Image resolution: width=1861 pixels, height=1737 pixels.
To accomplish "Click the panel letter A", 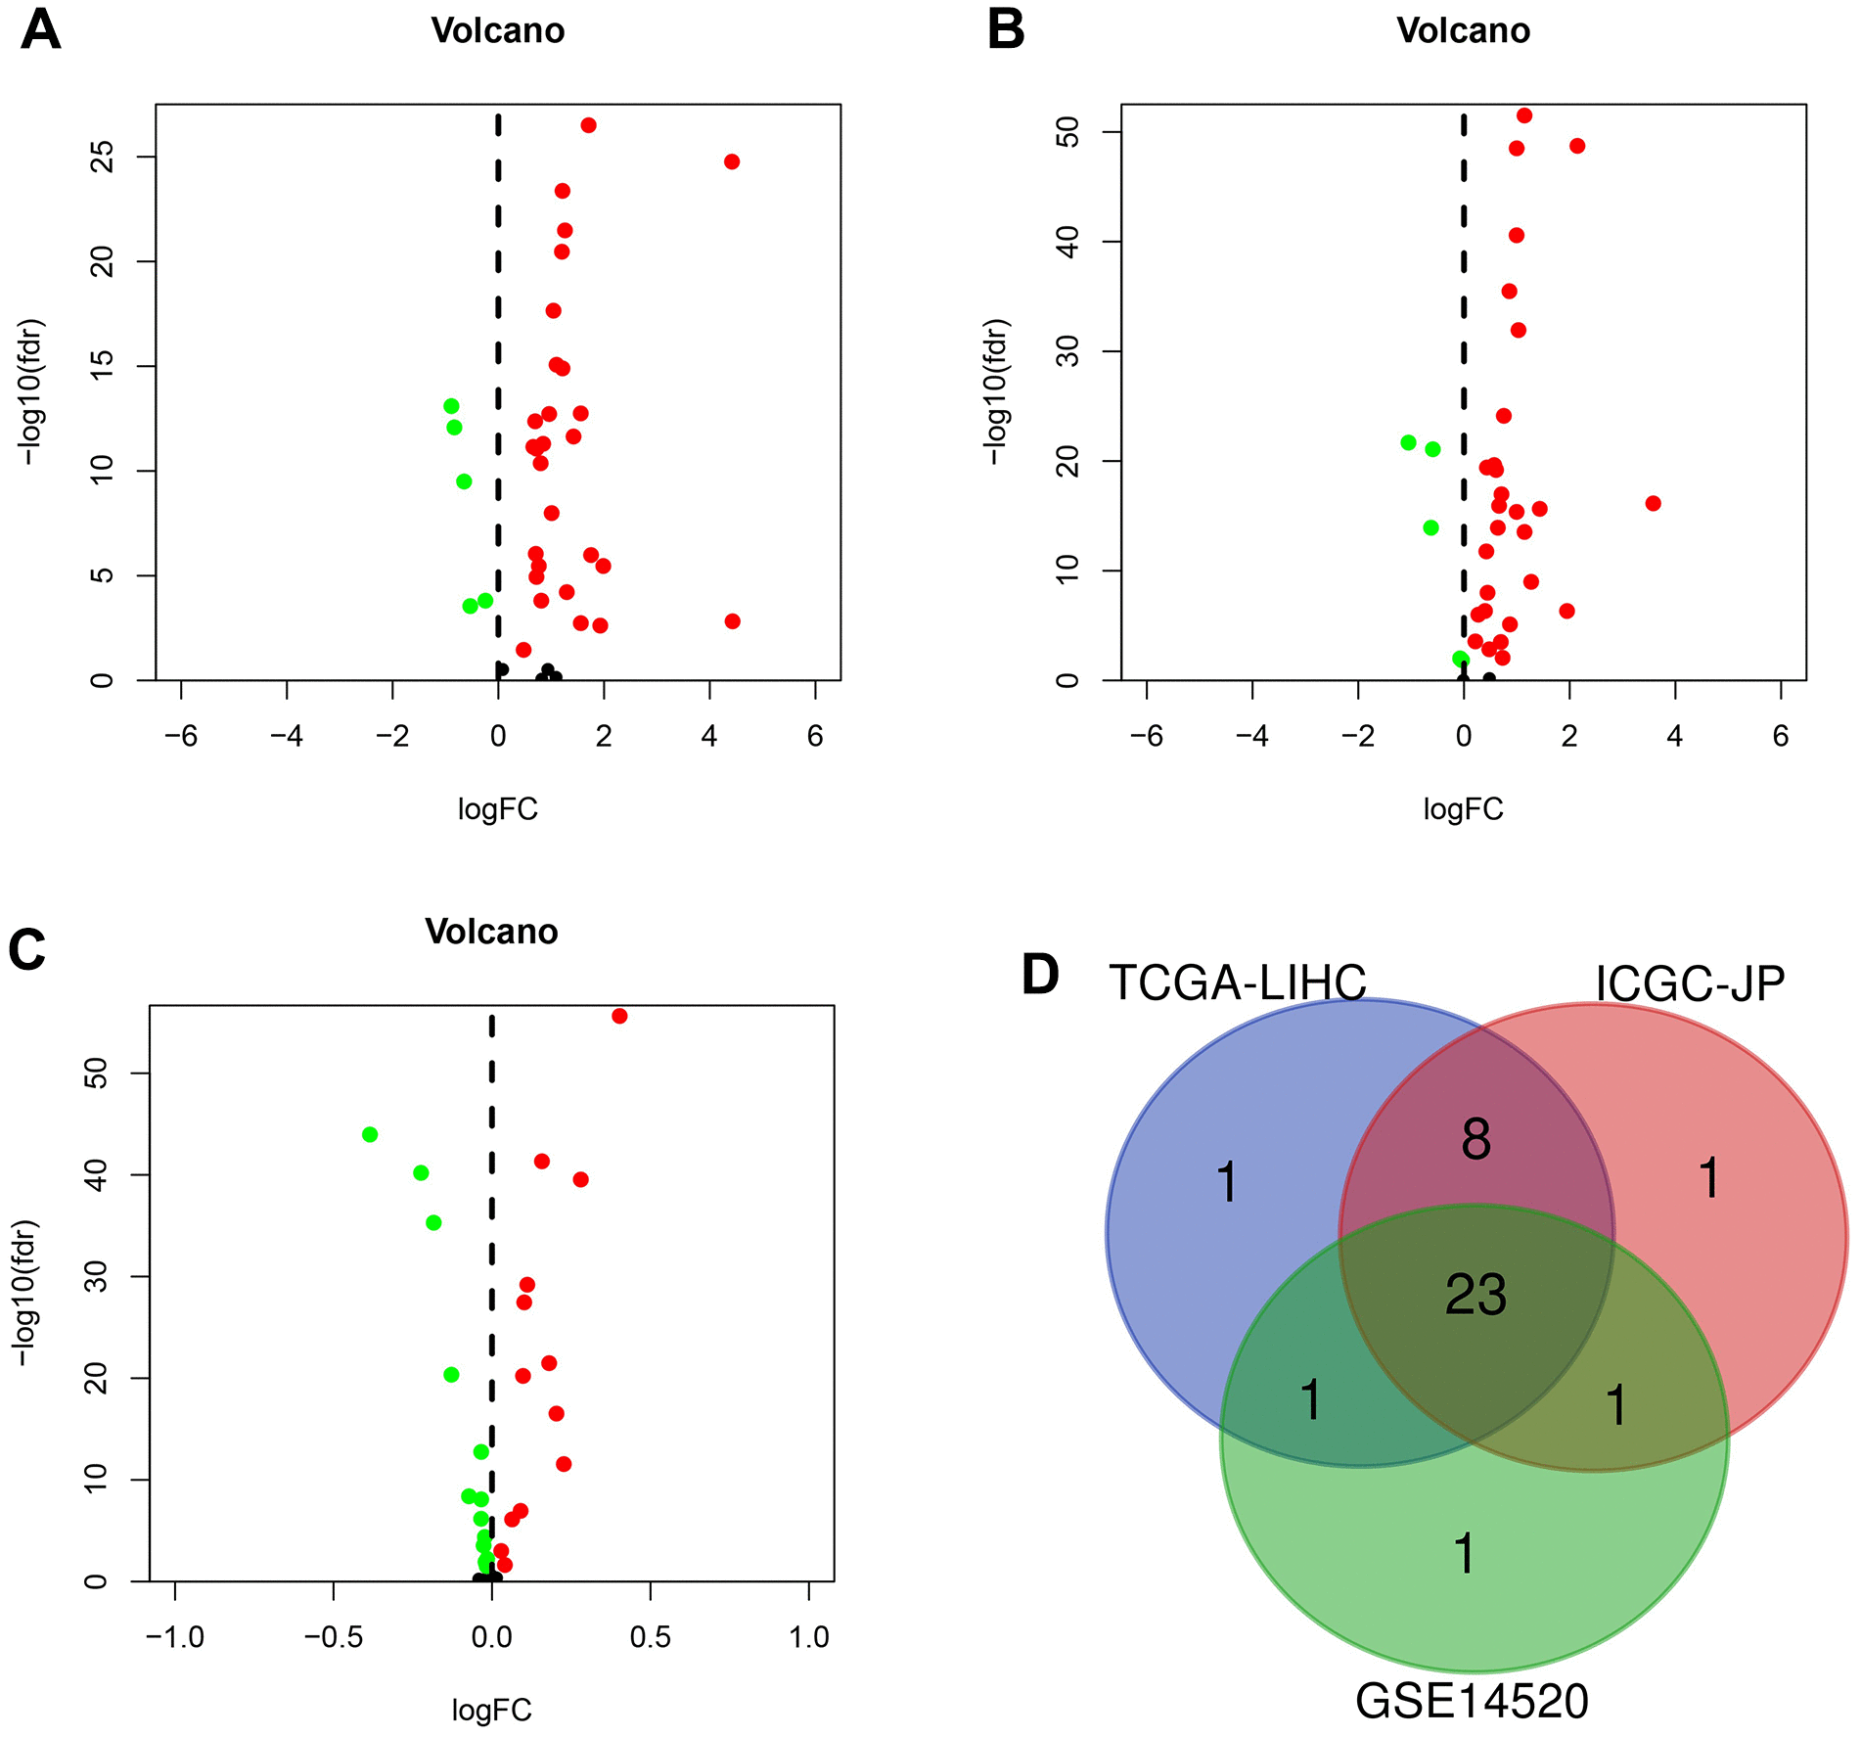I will click(40, 30).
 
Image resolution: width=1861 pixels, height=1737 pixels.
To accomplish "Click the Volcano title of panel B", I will click(1463, 31).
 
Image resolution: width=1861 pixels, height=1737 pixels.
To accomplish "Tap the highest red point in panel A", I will click(588, 125).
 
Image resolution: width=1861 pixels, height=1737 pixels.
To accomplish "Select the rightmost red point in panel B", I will click(1653, 503).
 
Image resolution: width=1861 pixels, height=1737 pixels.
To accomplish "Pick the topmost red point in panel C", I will click(619, 1016).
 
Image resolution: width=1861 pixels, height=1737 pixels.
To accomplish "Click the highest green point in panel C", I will click(370, 1134).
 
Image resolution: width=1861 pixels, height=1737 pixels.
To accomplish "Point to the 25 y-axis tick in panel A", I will click(103, 158).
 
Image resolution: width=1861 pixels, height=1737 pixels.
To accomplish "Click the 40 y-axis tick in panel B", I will click(1068, 242).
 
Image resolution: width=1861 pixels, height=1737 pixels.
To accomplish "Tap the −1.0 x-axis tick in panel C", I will click(174, 1637).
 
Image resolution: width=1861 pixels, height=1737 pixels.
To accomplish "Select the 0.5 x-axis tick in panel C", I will click(650, 1637).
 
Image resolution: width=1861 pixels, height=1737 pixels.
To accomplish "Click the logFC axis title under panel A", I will click(497, 809).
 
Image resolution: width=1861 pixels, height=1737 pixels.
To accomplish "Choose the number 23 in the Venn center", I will click(1475, 1295).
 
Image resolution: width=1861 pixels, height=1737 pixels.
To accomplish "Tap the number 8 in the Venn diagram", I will click(1475, 1139).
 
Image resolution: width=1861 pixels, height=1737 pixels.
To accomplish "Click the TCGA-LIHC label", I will click(1237, 983).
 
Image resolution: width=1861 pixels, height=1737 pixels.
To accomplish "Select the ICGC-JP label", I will click(1690, 983).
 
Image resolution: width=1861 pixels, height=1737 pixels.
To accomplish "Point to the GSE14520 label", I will click(1472, 1702).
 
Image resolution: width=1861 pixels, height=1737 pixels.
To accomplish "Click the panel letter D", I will click(1040, 975).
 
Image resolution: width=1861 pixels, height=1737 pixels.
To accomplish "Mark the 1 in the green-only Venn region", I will click(1464, 1554).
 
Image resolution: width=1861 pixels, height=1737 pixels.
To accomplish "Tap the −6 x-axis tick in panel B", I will click(1146, 736).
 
